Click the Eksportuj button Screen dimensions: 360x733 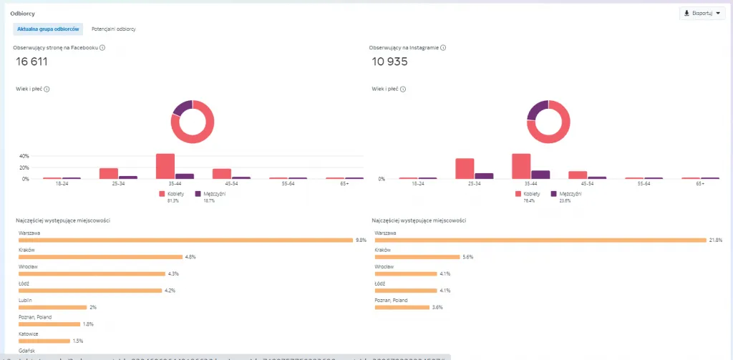[702, 13]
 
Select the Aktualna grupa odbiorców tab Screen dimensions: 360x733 [48, 29]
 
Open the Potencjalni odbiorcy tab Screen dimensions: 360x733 [114, 29]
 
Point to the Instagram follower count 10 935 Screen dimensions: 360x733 [390, 62]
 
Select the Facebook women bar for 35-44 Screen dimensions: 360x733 [165, 166]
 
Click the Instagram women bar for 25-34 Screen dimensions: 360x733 [465, 169]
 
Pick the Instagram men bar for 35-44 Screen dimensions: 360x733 [540, 175]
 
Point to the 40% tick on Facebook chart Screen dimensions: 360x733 [24, 156]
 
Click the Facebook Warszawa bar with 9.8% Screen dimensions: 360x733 [186, 240]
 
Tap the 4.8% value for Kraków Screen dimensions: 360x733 [190, 256]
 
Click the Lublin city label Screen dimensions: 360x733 [25, 300]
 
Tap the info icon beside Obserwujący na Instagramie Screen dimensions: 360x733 [443, 48]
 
